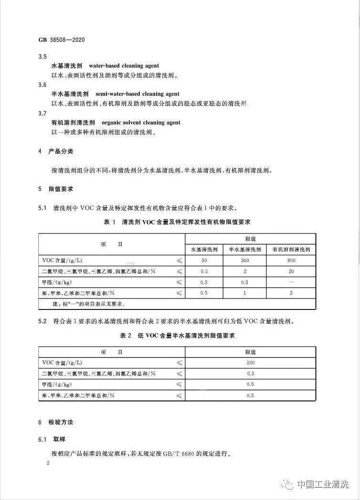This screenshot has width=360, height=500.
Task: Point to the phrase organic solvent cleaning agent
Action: coord(141,123)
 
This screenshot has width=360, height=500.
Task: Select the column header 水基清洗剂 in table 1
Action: coord(204,249)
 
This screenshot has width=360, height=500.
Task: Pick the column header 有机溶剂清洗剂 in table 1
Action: coord(291,249)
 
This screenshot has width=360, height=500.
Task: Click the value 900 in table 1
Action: coord(291,260)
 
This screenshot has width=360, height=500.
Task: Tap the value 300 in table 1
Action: coord(245,260)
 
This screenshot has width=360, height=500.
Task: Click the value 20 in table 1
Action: coord(291,271)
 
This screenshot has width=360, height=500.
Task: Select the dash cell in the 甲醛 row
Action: coord(291,282)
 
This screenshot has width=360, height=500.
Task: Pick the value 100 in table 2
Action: coord(250,362)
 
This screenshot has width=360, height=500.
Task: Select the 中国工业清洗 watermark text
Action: coord(323,484)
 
